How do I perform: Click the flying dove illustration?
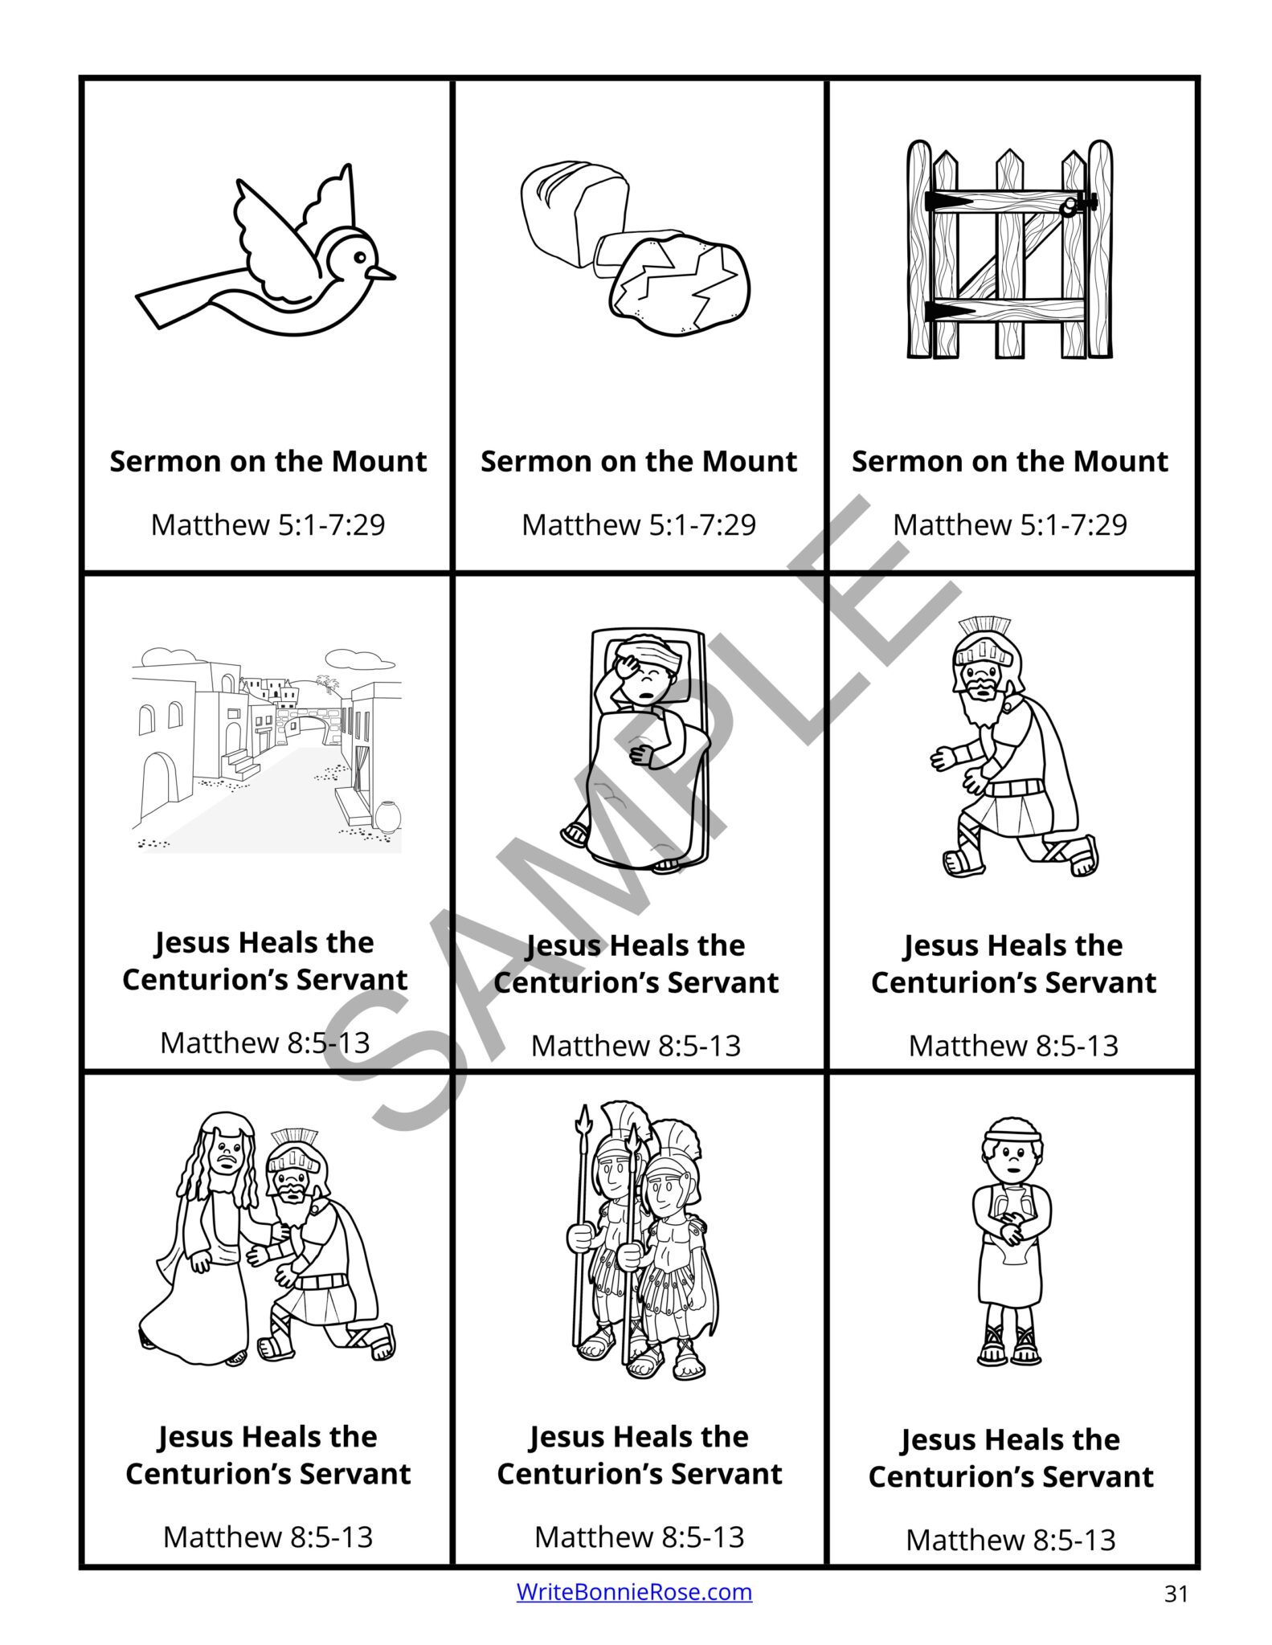[x=265, y=257]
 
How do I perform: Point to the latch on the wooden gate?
[x=1070, y=207]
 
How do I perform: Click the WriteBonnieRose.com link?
[x=634, y=1591]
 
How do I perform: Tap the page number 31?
[x=1176, y=1593]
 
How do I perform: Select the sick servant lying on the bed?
[x=639, y=747]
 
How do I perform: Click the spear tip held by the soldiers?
[x=583, y=1118]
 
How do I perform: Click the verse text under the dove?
[x=268, y=525]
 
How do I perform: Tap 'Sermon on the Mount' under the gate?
[x=1009, y=461]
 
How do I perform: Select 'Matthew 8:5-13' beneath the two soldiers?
[x=639, y=1536]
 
